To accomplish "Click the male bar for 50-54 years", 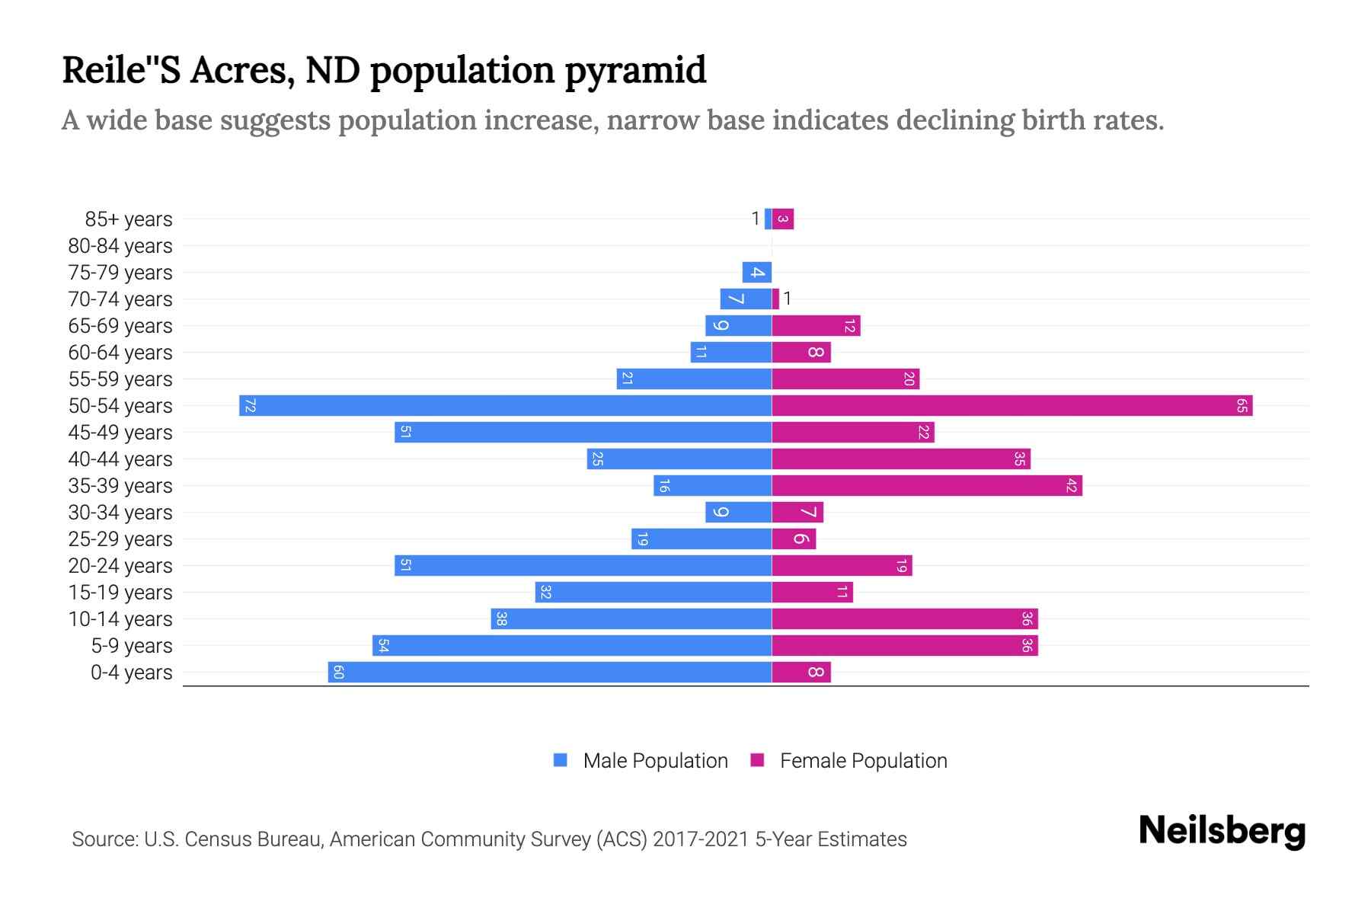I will pos(505,405).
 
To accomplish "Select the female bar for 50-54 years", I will pos(1012,405).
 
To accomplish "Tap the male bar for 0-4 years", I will pos(550,672).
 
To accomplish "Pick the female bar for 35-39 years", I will pos(927,485).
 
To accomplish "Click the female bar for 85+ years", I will pos(783,219).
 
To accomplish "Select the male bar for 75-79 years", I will pos(757,272).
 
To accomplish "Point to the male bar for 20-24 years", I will pos(583,565).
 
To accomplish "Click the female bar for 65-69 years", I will pos(816,325).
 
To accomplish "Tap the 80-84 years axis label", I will pos(120,246).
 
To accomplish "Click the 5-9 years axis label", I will pos(132,646).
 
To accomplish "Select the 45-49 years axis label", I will pos(120,433).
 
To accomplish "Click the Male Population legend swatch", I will pos(561,760).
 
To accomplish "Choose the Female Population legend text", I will pos(863,760).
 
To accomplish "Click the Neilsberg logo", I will pos(1222,830).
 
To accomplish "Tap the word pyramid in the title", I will pos(635,70).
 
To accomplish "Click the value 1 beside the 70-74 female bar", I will pos(788,299).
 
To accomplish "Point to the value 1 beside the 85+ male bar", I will pos(756,219).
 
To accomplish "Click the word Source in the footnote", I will pos(104,839).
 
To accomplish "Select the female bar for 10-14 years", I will pos(905,618).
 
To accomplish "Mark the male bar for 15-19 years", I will pos(654,592).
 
